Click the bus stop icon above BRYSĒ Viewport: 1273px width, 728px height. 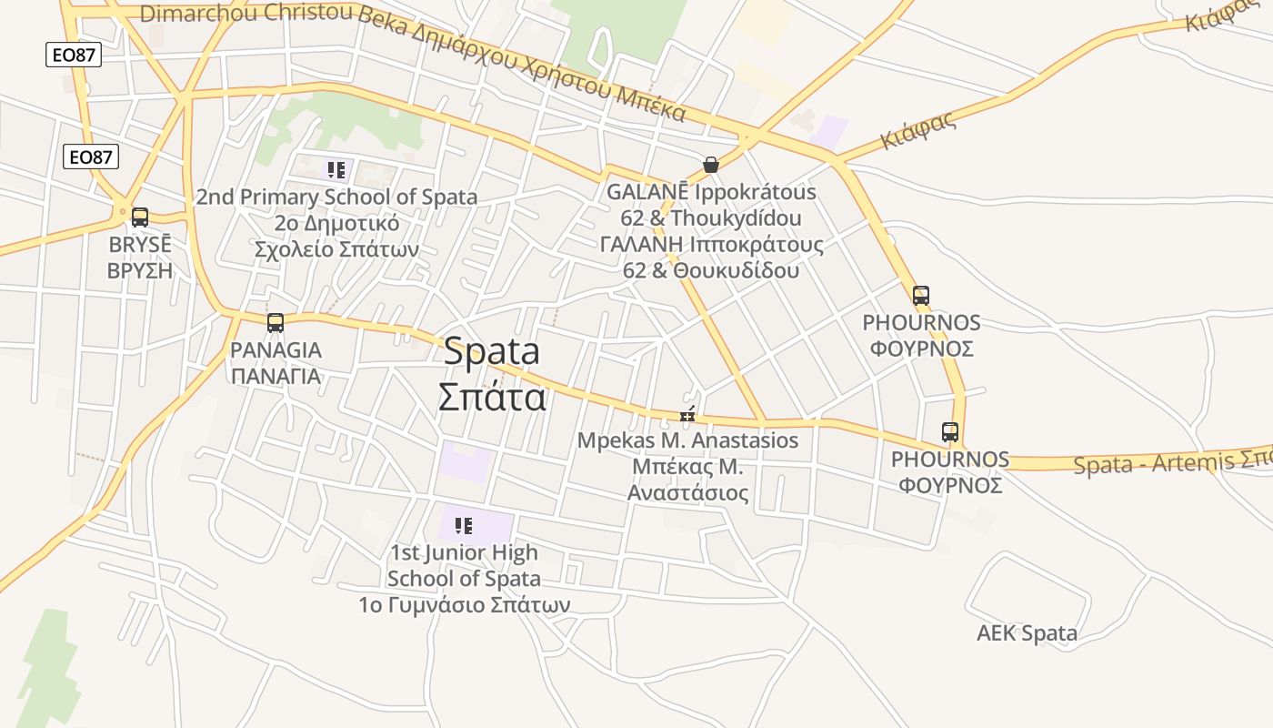click(x=140, y=217)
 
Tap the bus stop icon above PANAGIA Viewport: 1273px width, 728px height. click(x=276, y=322)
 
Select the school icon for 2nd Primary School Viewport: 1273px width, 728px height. click(x=336, y=170)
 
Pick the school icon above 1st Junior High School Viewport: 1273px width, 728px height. click(x=464, y=526)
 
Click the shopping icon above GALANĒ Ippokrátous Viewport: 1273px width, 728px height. click(x=711, y=165)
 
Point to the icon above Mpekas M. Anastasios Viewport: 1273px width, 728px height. click(x=687, y=416)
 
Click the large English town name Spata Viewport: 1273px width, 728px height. click(x=492, y=352)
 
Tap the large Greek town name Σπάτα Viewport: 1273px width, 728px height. click(x=492, y=397)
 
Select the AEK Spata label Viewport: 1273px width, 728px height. click(x=1027, y=633)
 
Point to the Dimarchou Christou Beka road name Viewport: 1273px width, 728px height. click(x=246, y=14)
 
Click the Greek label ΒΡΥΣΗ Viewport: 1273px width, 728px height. click(x=140, y=270)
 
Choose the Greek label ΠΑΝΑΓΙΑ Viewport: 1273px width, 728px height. click(x=276, y=376)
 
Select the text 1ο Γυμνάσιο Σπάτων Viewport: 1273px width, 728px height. click(x=464, y=604)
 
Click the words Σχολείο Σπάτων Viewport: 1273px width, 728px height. click(x=336, y=249)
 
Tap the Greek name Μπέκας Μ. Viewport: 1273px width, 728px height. click(x=688, y=468)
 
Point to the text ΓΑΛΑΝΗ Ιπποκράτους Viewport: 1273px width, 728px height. click(x=711, y=245)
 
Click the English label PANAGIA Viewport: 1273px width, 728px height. click(x=276, y=350)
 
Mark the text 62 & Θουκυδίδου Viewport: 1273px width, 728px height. click(x=711, y=270)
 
